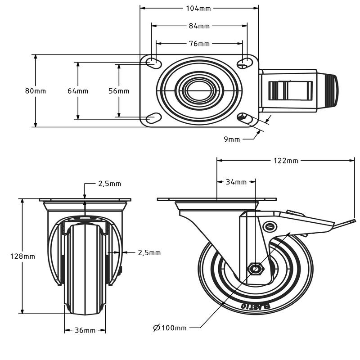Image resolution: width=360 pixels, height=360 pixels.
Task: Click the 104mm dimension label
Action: [x=198, y=9]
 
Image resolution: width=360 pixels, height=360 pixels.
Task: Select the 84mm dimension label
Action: [x=199, y=26]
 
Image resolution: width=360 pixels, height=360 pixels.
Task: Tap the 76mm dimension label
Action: [x=199, y=44]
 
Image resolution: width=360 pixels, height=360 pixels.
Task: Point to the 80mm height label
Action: [x=36, y=91]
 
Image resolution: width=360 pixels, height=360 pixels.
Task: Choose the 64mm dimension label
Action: [x=78, y=91]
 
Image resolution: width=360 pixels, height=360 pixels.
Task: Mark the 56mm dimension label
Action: [x=119, y=91]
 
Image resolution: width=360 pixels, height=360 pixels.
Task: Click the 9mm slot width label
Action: [x=232, y=139]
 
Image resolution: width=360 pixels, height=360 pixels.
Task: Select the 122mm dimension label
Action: [x=286, y=161]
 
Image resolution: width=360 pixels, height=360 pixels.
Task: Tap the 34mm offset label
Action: [x=236, y=182]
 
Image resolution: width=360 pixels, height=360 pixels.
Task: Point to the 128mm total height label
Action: [x=22, y=256]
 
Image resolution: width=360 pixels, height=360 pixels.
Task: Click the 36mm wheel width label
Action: [x=85, y=330]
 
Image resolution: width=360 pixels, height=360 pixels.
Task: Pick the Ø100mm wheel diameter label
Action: [x=170, y=328]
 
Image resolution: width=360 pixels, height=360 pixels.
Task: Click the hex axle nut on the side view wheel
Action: [x=256, y=268]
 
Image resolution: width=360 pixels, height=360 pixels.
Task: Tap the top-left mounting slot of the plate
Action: [x=153, y=62]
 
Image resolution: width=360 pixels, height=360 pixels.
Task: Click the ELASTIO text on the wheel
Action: [x=256, y=306]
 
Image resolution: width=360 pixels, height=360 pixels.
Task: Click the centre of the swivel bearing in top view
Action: [x=199, y=91]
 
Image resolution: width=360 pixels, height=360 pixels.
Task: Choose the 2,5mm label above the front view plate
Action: [x=110, y=184]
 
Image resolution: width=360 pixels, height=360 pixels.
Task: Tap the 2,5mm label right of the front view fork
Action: [x=149, y=253]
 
